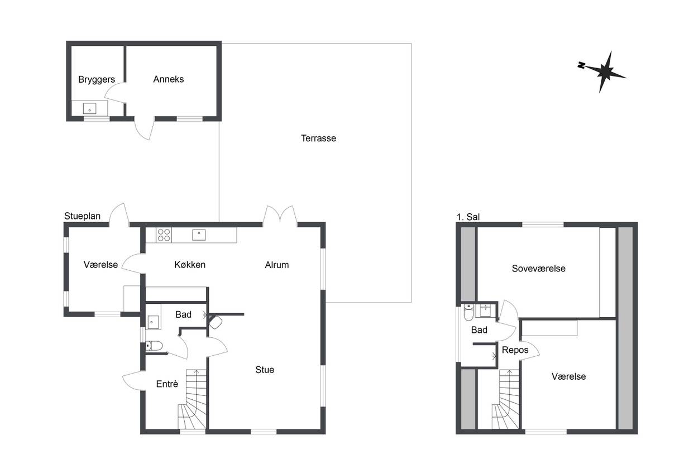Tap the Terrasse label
click(318, 138)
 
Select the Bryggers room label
click(97, 80)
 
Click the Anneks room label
click(169, 79)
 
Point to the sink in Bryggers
click(89, 108)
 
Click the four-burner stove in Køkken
click(164, 235)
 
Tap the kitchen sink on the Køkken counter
click(199, 235)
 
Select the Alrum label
click(277, 265)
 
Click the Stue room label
click(265, 370)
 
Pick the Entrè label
click(167, 384)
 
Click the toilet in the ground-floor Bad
click(154, 346)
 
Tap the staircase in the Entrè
click(193, 399)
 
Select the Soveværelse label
click(539, 269)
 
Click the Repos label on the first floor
click(515, 350)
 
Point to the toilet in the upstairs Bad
click(468, 312)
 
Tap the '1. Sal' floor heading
click(468, 217)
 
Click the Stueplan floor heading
click(82, 216)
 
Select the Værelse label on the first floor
click(568, 376)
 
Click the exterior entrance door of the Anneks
click(145, 128)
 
